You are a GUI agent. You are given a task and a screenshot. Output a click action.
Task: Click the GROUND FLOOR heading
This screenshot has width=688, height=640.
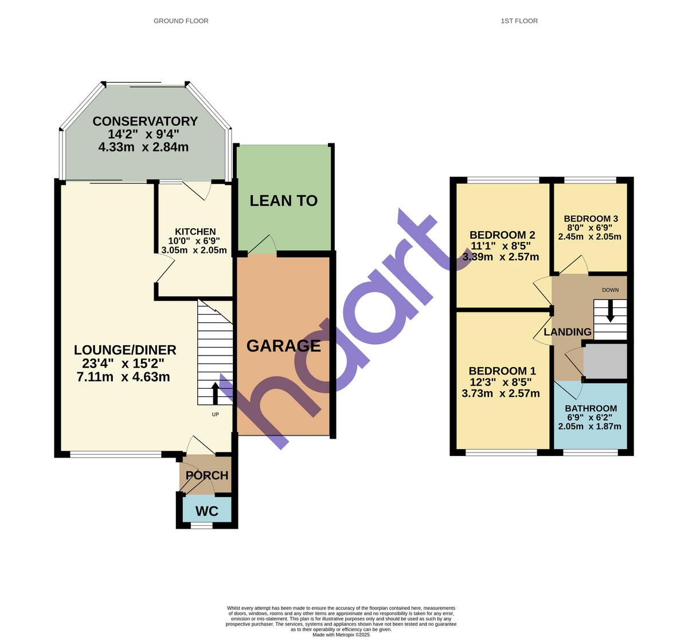pos(181,21)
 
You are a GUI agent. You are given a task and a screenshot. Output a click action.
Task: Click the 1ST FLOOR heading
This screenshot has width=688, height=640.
pos(519,21)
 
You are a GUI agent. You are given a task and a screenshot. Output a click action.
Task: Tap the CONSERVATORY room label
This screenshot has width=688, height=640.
pos(145,122)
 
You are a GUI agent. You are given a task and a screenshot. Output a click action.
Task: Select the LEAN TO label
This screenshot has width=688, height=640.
pos(284,201)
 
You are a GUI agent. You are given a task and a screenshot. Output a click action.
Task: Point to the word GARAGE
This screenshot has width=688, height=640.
pos(283,346)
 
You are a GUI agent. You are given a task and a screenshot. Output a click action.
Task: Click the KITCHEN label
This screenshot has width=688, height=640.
pos(196,232)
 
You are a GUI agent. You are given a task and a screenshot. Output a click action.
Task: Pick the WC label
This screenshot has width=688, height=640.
pos(207,511)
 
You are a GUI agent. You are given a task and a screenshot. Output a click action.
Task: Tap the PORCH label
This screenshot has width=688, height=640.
pos(207,475)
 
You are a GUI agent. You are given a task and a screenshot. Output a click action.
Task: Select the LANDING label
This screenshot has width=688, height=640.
pos(567,332)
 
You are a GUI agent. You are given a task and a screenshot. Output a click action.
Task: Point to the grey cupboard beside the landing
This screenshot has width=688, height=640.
pos(605,361)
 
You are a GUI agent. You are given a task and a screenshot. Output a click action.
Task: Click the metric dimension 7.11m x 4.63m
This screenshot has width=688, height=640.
pos(123,377)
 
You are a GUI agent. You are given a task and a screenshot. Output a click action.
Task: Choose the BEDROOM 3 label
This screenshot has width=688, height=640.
pos(591,219)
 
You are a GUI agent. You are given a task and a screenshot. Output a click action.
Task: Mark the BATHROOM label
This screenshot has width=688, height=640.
pos(591,409)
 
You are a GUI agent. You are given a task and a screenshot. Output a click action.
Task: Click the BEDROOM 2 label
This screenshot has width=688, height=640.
pos(502,235)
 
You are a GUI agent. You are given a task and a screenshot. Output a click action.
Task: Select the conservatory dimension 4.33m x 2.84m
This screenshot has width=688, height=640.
pos(143,147)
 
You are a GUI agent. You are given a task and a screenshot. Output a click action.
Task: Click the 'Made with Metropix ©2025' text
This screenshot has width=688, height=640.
pos(341,635)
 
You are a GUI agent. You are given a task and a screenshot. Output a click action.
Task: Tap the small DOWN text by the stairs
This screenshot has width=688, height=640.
pos(610,290)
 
